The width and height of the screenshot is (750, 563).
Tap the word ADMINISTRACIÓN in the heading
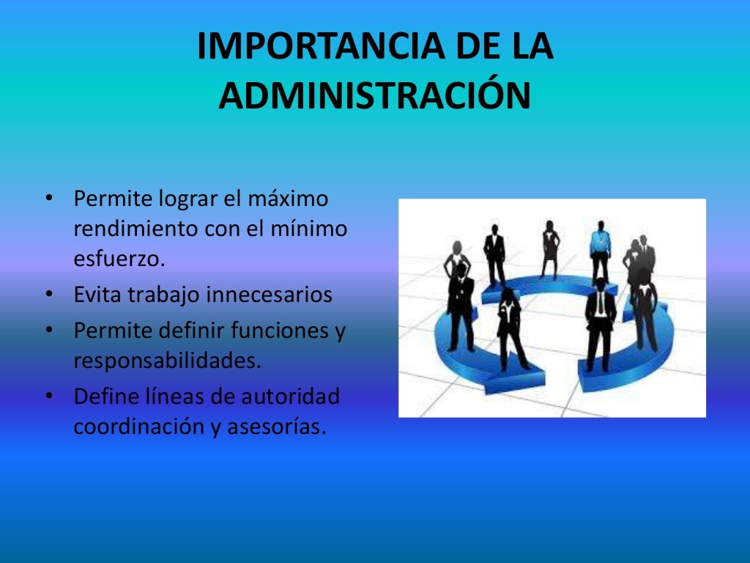click(374, 96)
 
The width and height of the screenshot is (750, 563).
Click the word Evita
click(98, 295)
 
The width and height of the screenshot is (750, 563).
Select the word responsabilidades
click(167, 361)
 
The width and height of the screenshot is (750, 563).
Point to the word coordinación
click(130, 427)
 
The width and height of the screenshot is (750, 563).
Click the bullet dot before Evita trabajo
click(48, 295)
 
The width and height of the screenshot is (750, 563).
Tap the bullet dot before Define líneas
click(48, 397)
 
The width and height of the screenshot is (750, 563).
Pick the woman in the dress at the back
click(549, 247)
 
